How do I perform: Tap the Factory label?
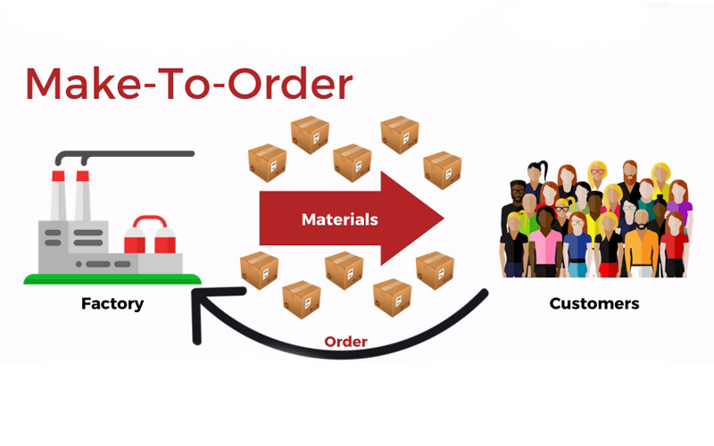point(112,303)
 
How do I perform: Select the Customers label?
point(594,303)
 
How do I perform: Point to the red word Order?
point(345,342)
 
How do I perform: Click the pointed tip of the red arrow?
point(443,219)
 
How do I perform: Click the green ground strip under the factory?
point(112,279)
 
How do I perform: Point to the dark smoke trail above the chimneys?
point(134,153)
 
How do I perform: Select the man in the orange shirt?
point(641,245)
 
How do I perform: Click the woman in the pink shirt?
point(544,245)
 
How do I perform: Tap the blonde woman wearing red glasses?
point(561,209)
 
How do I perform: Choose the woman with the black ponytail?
point(535,178)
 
